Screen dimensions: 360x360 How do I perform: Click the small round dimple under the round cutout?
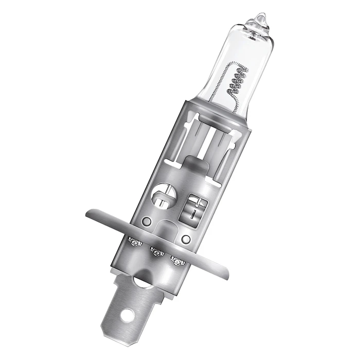tap(147, 222)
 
